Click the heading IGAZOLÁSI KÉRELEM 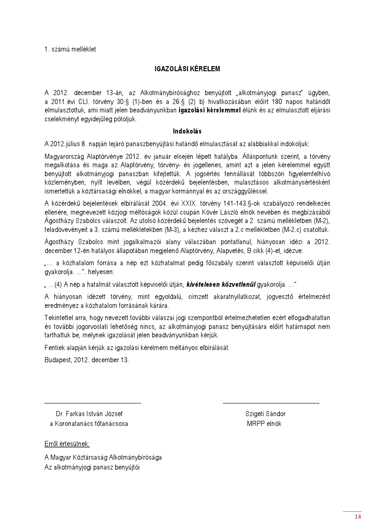(187, 69)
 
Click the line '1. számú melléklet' (70, 49)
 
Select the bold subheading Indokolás (187, 131)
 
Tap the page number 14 (358, 517)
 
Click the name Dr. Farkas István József (89, 414)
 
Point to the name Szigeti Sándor (265, 414)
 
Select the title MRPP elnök (264, 424)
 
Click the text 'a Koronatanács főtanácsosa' (89, 424)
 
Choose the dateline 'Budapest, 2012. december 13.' (87, 360)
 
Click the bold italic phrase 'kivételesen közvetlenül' (219, 284)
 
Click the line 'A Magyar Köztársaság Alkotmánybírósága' (103, 457)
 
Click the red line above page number (352, 511)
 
